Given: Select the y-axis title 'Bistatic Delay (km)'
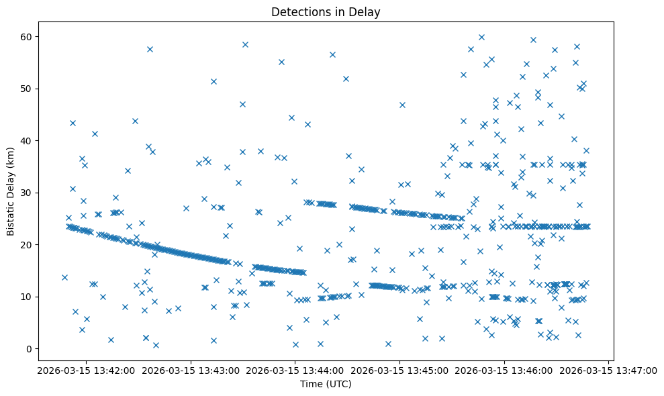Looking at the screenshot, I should (x=11, y=191).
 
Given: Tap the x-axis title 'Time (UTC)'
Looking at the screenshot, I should (x=325, y=384).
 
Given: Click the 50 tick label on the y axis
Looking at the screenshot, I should (x=34, y=89).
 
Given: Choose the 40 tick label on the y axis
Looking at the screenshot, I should (x=34, y=140).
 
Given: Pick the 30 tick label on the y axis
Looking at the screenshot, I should (x=34, y=193).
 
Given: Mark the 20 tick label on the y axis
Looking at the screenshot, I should (x=34, y=244).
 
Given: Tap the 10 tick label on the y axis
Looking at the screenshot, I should (x=34, y=297).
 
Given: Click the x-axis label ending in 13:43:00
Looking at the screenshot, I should (x=189, y=370).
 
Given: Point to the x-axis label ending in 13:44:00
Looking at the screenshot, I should (x=295, y=370).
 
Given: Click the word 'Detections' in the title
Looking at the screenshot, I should (x=297, y=11).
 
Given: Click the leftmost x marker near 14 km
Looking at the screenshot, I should (x=64, y=277).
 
